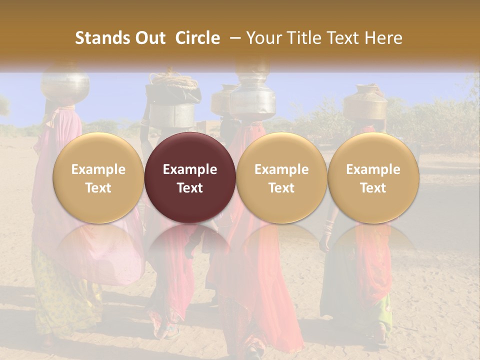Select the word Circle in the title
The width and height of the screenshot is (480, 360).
coord(197,38)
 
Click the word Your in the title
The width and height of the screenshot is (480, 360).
coord(262,38)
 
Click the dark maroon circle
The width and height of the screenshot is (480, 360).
coord(190,177)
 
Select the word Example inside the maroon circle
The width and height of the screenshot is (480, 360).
coord(190,169)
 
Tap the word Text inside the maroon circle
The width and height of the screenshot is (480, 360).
coord(190,188)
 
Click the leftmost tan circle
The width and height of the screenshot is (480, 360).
coord(98,177)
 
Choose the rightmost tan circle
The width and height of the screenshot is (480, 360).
coord(373,177)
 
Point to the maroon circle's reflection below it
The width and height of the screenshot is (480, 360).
coord(190,245)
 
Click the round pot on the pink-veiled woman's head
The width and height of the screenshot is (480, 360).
coord(65,85)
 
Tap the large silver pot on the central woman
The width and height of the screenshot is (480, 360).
coord(253,100)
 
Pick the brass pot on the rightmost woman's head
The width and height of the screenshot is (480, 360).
coord(365,102)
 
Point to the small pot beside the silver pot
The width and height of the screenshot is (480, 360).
coord(221,100)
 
